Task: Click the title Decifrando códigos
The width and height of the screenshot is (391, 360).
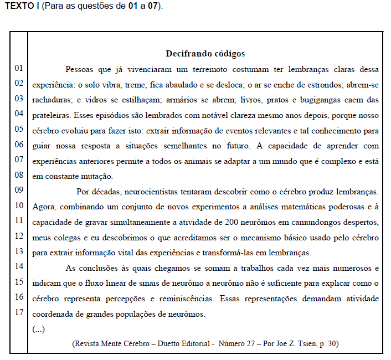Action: (x=205, y=54)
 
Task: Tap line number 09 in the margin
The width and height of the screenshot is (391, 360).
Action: (x=19, y=190)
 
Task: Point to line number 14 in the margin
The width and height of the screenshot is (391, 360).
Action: (x=19, y=266)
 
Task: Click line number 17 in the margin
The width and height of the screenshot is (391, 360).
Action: (x=19, y=312)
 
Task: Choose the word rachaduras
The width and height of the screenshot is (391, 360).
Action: (x=52, y=100)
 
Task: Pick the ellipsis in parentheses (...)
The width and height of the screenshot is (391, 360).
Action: (x=38, y=329)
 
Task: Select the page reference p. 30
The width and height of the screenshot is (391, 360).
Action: (x=329, y=343)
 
